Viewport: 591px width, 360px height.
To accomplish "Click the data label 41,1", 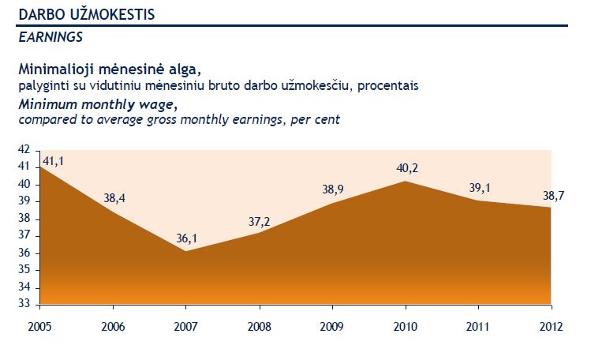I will click(x=54, y=160).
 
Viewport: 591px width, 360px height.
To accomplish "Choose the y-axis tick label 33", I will click(x=23, y=304).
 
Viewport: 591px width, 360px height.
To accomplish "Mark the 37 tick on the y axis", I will click(x=23, y=235).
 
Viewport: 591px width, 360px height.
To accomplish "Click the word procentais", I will click(x=388, y=84).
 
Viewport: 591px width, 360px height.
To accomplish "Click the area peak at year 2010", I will click(x=406, y=182).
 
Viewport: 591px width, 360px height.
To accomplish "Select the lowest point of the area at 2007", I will click(x=185, y=251).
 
